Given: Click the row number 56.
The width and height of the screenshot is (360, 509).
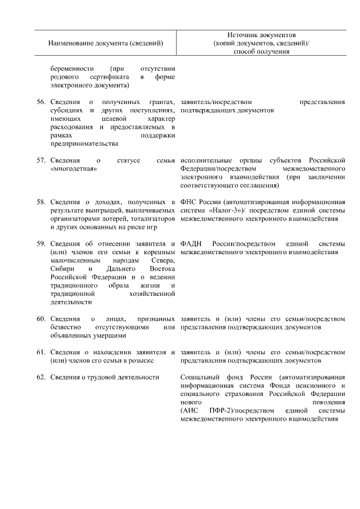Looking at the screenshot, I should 40,102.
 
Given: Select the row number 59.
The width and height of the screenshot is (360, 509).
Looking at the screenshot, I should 40,244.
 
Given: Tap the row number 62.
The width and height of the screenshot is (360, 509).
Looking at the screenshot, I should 40,377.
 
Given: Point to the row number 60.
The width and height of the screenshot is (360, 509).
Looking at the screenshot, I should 40,319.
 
